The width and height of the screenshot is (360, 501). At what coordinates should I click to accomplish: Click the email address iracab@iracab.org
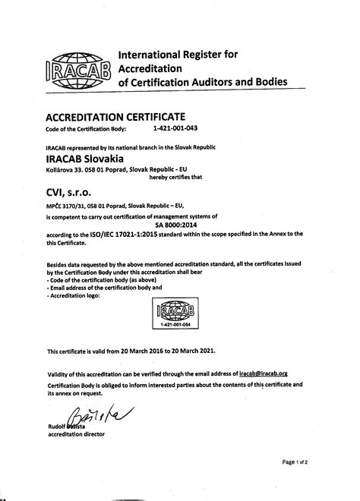pyautogui.click(x=267, y=373)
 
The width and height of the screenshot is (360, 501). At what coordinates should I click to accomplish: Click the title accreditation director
pyautogui.click(x=76, y=435)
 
